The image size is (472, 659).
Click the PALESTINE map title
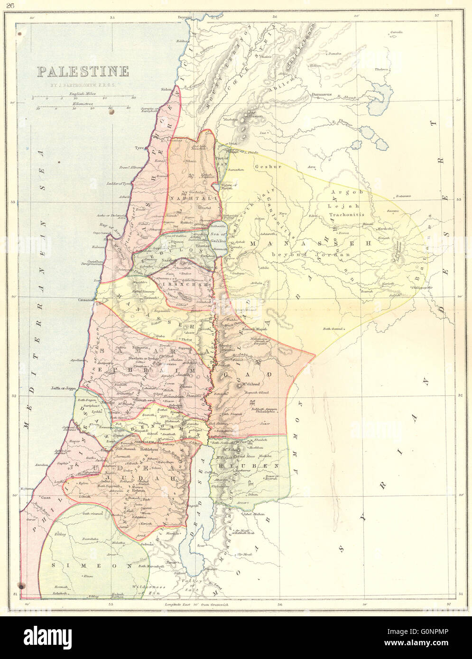click(83, 72)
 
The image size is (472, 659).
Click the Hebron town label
click(138, 491)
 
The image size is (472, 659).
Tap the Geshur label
click(261, 167)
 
